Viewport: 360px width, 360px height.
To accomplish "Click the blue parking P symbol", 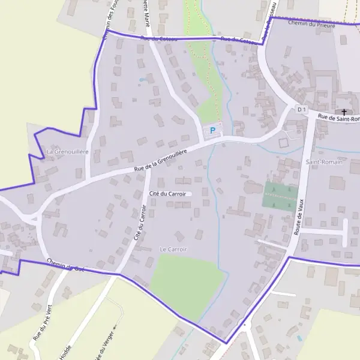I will pyautogui.click(x=212, y=130).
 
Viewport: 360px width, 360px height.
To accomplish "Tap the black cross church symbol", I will pyautogui.click(x=344, y=112).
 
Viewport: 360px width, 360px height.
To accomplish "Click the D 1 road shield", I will pyautogui.click(x=302, y=109).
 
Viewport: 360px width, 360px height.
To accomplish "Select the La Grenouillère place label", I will pyautogui.click(x=67, y=152).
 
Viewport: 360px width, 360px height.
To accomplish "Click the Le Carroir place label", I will pyautogui.click(x=173, y=249).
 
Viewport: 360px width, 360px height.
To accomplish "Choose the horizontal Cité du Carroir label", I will pyautogui.click(x=167, y=194).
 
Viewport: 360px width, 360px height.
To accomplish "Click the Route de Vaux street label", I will pyautogui.click(x=300, y=215).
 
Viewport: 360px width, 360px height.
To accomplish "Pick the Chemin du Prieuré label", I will pyautogui.click(x=311, y=24).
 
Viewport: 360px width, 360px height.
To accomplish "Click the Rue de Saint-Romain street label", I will pyautogui.click(x=339, y=118).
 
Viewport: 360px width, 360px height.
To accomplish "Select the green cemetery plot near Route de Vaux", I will pyautogui.click(x=280, y=195).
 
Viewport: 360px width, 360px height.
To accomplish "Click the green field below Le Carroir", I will pyautogui.click(x=187, y=281).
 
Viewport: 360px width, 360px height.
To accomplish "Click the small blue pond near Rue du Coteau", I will pyautogui.click(x=142, y=79).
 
